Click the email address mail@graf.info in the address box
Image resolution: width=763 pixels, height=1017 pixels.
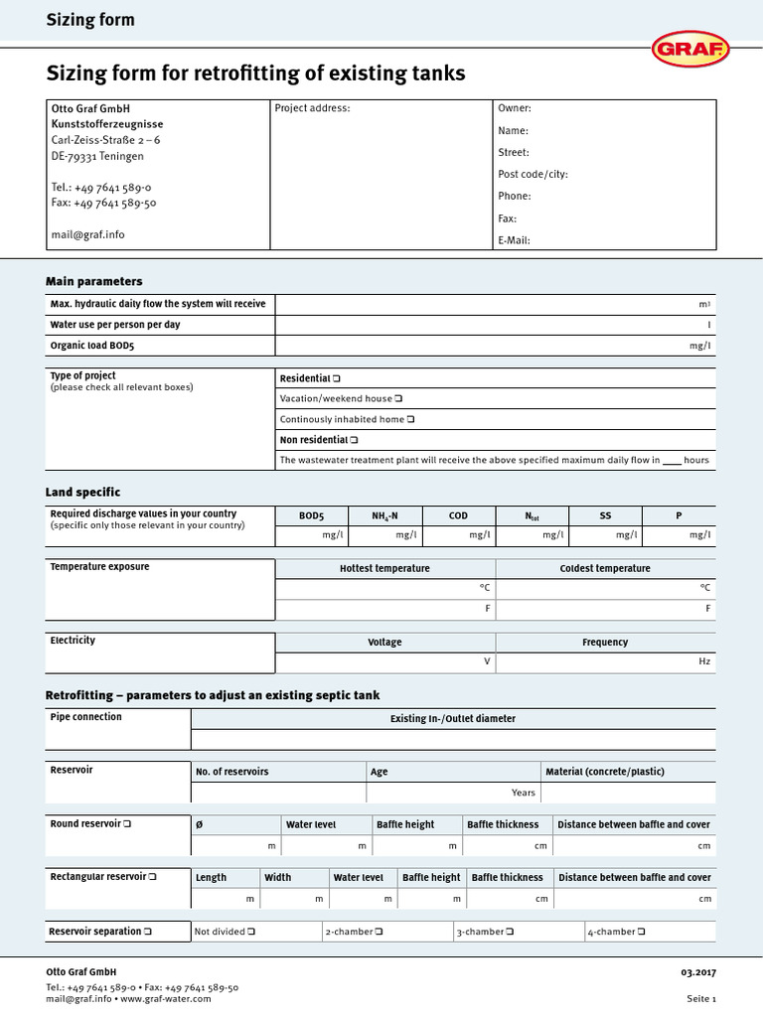(x=87, y=235)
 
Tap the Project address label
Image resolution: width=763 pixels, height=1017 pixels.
(x=312, y=108)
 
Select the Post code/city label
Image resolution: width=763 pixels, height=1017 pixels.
(x=533, y=174)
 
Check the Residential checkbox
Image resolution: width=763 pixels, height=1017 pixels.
(x=337, y=378)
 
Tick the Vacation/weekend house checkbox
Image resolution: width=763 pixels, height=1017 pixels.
(x=398, y=399)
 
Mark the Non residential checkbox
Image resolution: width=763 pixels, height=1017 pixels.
(x=355, y=439)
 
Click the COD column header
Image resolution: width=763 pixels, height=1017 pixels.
(x=458, y=515)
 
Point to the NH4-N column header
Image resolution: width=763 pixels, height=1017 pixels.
(x=384, y=515)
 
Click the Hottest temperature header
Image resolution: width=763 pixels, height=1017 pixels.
(x=384, y=568)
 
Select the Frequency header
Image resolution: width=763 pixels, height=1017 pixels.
(x=605, y=643)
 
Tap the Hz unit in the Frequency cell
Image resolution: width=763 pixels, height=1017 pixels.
(x=705, y=661)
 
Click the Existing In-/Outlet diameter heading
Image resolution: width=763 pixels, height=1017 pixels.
(x=453, y=718)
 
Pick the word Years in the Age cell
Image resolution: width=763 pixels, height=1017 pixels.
(x=524, y=793)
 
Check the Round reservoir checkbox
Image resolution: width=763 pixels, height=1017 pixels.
(x=128, y=824)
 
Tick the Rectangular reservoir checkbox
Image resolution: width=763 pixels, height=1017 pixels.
(x=153, y=877)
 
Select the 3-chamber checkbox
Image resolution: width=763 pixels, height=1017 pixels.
(x=510, y=932)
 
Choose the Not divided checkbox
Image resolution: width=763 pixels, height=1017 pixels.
(x=251, y=932)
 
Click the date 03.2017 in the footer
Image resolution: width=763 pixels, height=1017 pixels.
(x=698, y=971)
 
